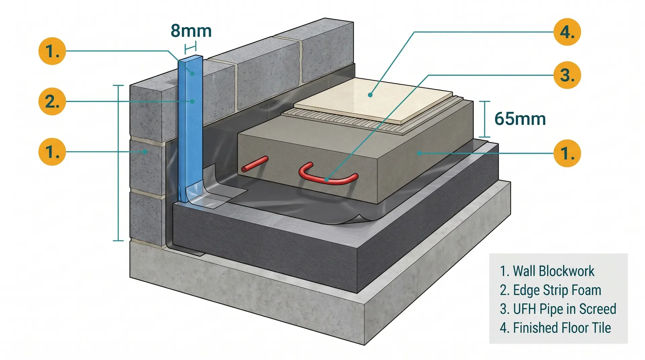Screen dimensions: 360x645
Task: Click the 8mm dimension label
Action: [191, 31]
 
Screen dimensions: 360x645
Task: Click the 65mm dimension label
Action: [520, 119]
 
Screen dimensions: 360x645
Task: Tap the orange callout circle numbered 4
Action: [567, 32]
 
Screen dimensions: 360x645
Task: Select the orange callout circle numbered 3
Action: [567, 75]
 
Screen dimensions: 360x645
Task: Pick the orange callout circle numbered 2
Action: [52, 101]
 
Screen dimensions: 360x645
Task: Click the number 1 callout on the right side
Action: [567, 153]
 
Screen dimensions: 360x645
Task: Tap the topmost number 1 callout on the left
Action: [52, 51]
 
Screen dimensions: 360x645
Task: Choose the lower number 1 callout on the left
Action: [52, 152]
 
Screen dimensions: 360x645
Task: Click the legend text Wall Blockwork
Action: [547, 271]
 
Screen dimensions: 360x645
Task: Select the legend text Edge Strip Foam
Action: [550, 290]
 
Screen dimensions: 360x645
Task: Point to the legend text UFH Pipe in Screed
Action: [558, 309]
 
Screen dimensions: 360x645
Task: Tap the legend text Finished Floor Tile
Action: [555, 328]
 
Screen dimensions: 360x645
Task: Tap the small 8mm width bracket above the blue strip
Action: [190, 48]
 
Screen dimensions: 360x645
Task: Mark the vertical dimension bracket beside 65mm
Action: [484, 119]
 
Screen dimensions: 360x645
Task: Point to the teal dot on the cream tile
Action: [370, 95]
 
